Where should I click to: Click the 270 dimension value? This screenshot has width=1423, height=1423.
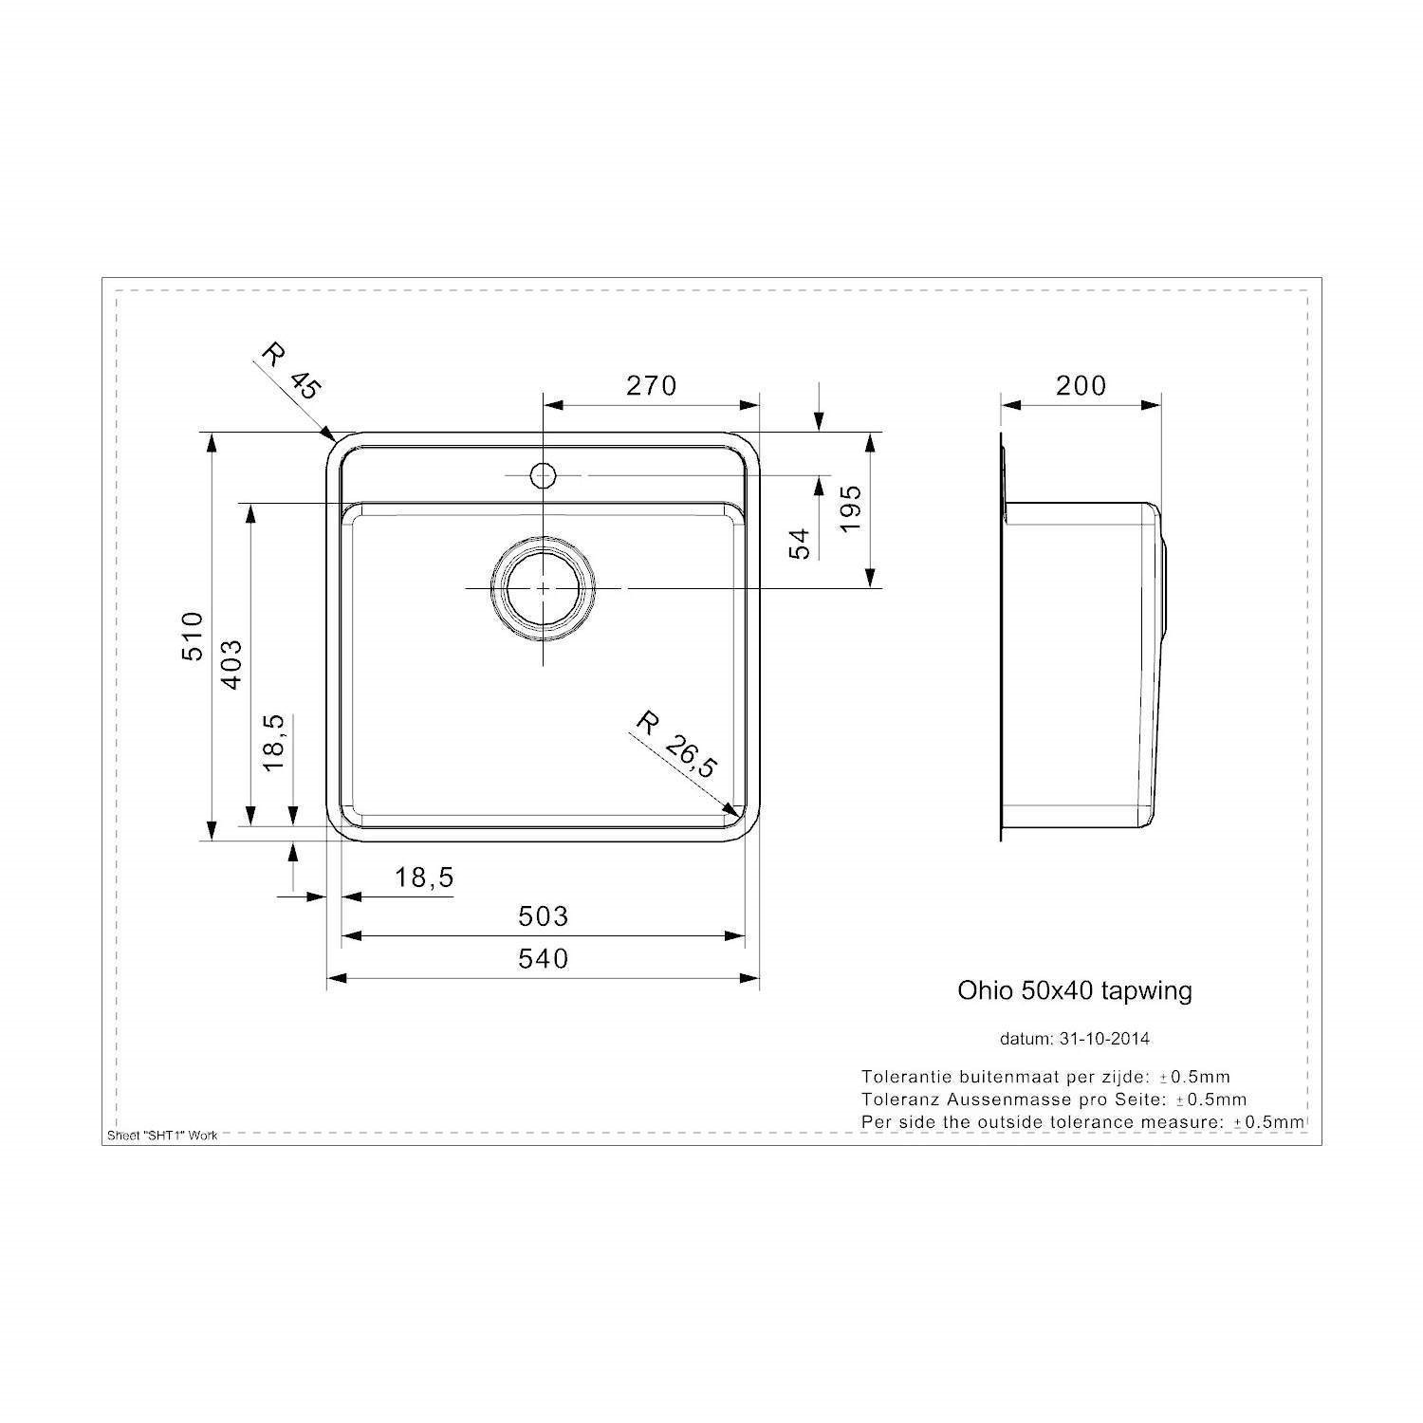tap(651, 385)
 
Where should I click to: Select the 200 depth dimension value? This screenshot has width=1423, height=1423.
tap(1081, 385)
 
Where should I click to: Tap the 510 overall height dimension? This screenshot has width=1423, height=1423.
tap(193, 636)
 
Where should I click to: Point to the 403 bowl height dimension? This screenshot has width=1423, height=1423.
tap(231, 664)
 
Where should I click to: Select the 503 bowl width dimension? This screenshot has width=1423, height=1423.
tap(544, 915)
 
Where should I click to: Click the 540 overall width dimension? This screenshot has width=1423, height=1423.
tap(544, 958)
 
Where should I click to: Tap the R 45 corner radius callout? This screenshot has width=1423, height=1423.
tap(291, 372)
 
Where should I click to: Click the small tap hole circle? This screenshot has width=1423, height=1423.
tap(543, 473)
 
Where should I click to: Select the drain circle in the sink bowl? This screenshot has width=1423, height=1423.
tap(543, 588)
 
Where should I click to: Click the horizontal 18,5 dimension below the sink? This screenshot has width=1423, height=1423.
tap(424, 878)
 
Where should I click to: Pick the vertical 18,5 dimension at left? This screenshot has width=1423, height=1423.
tap(273, 742)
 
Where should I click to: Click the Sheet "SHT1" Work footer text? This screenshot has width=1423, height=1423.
tap(163, 1136)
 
